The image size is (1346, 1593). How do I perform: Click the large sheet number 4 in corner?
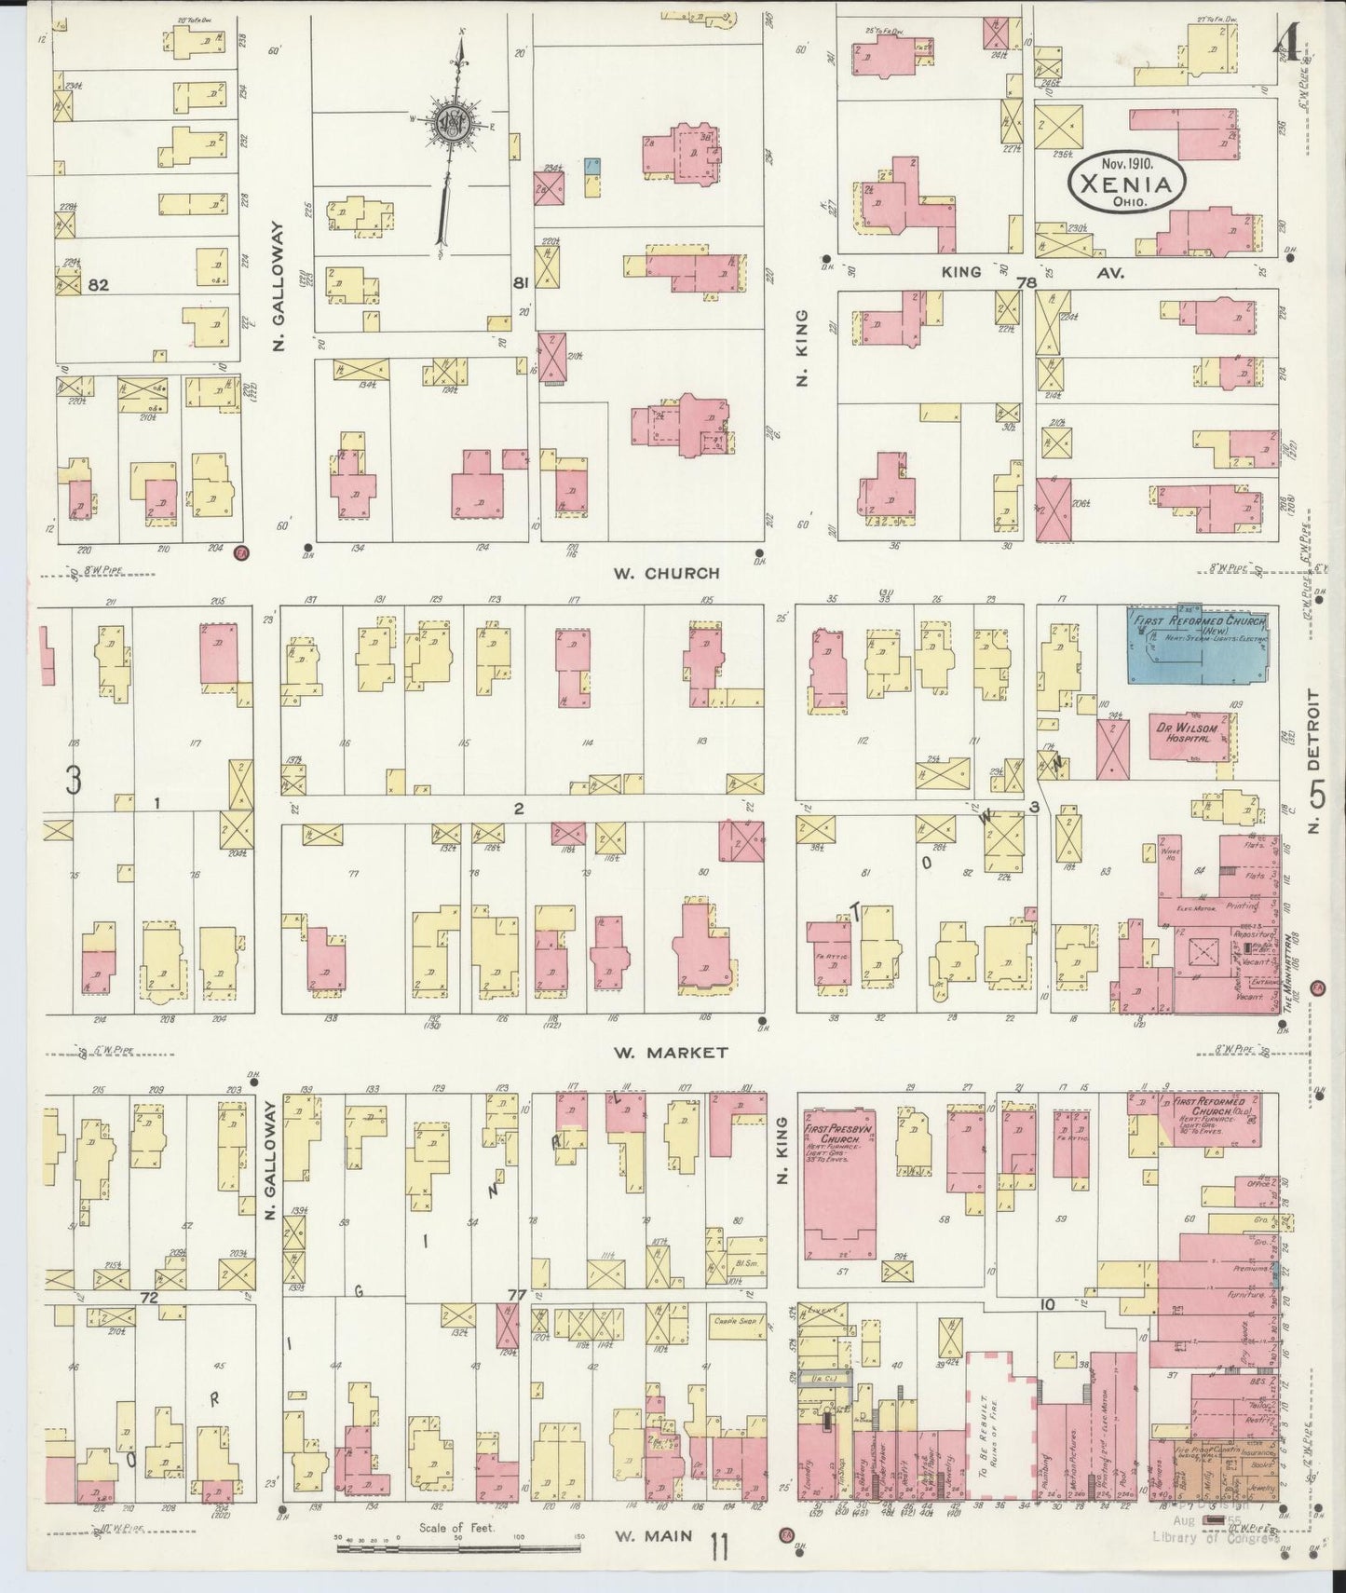(1288, 42)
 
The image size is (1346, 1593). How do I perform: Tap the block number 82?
(98, 286)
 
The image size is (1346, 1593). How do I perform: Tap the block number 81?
(521, 282)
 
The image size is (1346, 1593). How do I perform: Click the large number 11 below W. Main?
(718, 1546)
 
